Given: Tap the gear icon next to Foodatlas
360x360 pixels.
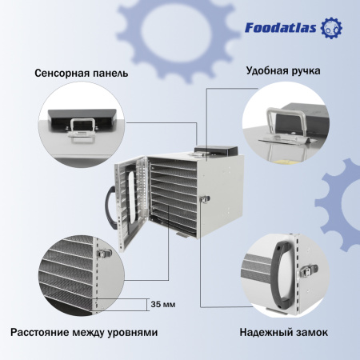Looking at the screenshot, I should click(330, 29).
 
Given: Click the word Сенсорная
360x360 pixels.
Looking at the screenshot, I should click(61, 73).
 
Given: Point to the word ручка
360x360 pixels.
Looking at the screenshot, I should click(305, 70).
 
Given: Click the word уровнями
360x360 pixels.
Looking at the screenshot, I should click(130, 331).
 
